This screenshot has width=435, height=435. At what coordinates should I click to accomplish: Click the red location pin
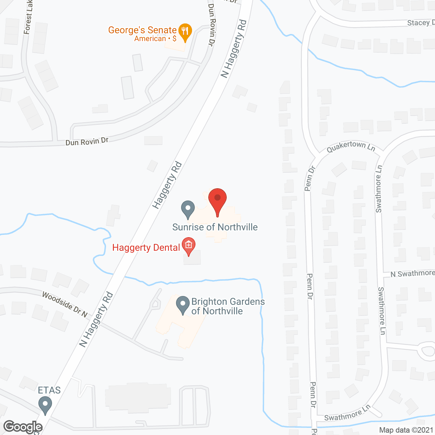[217, 201]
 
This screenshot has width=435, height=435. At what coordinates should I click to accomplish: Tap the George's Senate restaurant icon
[185, 32]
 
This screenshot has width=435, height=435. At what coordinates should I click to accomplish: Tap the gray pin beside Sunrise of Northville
[188, 209]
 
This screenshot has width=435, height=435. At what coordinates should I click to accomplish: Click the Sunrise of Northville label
[215, 227]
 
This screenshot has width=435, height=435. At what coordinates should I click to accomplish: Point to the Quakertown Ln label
[351, 146]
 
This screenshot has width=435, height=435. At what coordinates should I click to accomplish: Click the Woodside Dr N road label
[65, 304]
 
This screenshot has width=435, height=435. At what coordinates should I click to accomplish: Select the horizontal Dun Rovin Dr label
[87, 141]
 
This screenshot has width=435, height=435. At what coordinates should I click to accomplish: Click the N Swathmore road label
[412, 274]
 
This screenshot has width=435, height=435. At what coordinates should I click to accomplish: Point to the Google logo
[23, 427]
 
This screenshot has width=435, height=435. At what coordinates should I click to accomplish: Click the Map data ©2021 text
[406, 430]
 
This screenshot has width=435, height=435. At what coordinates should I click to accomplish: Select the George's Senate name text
[142, 30]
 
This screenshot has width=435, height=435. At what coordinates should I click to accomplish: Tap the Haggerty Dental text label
[146, 247]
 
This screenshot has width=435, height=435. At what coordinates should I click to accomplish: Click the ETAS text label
[49, 390]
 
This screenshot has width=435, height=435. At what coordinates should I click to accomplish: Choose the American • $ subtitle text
[155, 39]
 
